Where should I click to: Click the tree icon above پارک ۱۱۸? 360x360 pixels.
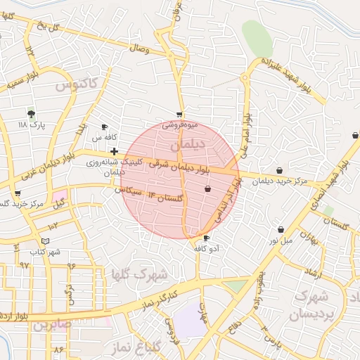(x=31, y=112)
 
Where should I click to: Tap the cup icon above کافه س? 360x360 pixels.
(x=105, y=127)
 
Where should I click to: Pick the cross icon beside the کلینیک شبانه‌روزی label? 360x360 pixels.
(x=114, y=151)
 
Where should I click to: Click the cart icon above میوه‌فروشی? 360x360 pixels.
(x=180, y=114)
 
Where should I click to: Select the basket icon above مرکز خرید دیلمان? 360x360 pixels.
(x=280, y=170)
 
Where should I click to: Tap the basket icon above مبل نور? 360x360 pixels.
(x=281, y=229)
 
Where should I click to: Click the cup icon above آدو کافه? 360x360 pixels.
(x=206, y=238)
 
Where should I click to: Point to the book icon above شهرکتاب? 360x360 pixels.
(x=46, y=240)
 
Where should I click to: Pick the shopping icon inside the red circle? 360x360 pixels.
(x=207, y=188)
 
